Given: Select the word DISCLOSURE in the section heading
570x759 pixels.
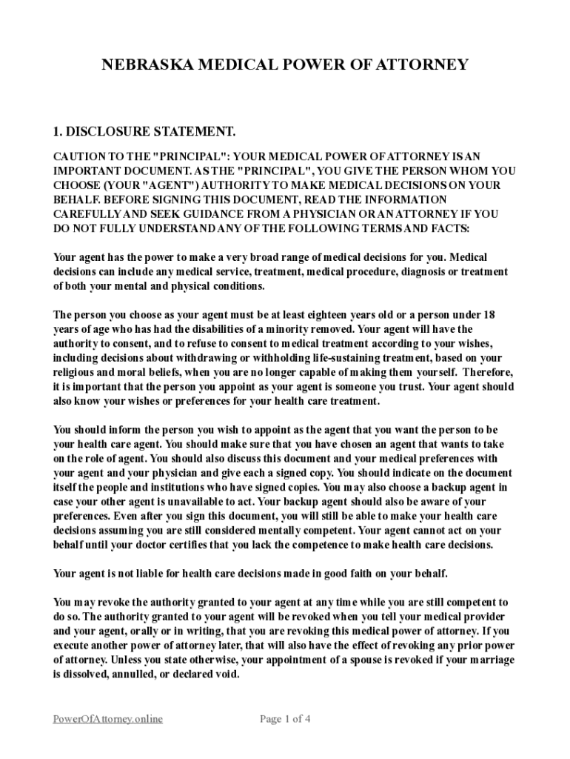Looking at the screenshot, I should tap(106, 132).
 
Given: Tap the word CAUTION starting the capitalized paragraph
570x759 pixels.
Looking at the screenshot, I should tap(78, 156).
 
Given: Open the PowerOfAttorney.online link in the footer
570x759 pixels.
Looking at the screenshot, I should tap(108, 718).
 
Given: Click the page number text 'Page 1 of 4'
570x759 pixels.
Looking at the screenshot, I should tap(285, 718).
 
